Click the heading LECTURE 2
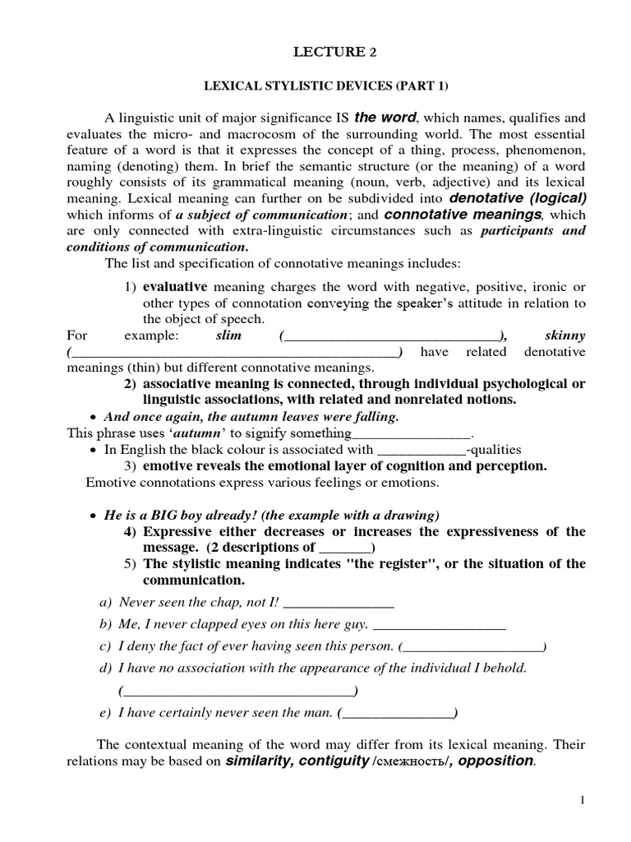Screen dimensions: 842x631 328,53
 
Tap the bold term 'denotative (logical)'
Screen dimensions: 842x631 518,198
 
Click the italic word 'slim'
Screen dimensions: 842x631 228,336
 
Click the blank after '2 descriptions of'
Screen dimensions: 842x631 344,548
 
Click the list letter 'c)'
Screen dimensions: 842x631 104,646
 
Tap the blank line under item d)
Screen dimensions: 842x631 237,691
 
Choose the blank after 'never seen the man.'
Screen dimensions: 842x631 398,713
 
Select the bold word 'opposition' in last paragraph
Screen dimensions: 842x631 495,761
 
